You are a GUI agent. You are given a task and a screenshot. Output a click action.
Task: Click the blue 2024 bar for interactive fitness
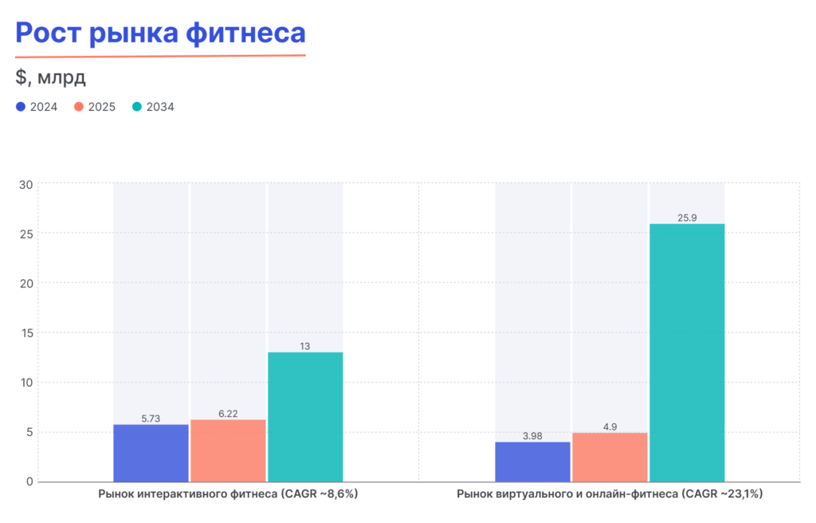(x=151, y=453)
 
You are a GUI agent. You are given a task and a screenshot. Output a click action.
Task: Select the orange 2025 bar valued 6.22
(x=228, y=450)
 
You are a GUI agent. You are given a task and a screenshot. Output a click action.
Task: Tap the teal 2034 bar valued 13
(x=305, y=417)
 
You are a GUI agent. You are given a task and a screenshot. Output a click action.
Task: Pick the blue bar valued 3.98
(x=533, y=462)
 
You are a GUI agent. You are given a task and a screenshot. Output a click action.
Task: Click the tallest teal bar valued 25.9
(x=687, y=352)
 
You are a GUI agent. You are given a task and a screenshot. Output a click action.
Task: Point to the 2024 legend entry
(x=37, y=107)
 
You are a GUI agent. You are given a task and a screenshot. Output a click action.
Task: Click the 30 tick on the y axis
(x=25, y=184)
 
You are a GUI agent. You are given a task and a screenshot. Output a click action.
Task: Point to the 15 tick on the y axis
(x=25, y=332)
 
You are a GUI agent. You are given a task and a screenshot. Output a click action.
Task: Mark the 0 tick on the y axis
(x=29, y=482)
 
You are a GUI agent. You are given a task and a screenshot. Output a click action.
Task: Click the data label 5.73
(x=151, y=418)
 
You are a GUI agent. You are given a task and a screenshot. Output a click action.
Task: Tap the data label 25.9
(x=687, y=218)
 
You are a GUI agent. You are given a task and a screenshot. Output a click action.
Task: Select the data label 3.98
(x=533, y=435)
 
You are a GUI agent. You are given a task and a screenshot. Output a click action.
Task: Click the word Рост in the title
(x=49, y=33)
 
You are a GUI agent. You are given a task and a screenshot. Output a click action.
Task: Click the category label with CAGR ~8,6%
(x=228, y=494)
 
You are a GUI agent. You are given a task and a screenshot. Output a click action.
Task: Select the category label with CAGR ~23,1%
(x=610, y=494)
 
